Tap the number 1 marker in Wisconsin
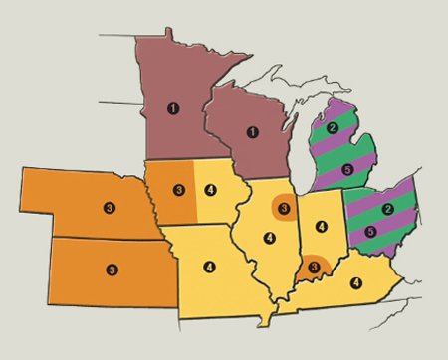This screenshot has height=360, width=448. tap(252, 132)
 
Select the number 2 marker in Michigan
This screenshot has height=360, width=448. tap(333, 127)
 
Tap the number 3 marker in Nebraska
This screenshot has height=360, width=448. tap(109, 208)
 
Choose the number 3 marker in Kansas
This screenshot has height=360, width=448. tap(112, 269)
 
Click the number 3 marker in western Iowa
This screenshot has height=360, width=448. tap(179, 189)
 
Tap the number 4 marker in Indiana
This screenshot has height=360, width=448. tap(321, 226)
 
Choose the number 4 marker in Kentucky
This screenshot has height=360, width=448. tap(355, 282)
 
